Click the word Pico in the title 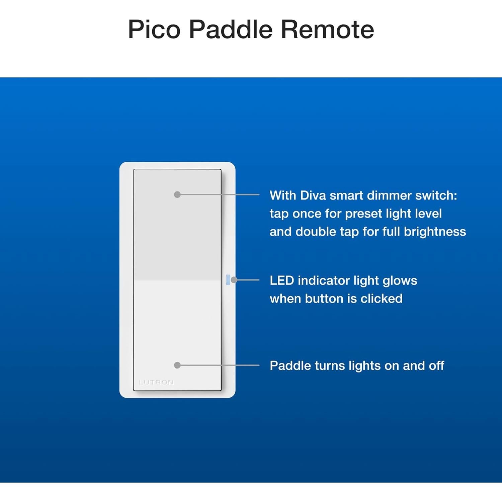(x=155, y=29)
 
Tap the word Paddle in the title (x=231, y=29)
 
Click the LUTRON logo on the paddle (x=156, y=382)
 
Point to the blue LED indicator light (x=228, y=280)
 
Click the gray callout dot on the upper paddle (x=177, y=194)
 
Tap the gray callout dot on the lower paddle (x=177, y=365)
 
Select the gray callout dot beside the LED (x=234, y=280)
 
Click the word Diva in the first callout (x=313, y=195)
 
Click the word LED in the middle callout (x=282, y=280)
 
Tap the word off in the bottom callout (x=436, y=365)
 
